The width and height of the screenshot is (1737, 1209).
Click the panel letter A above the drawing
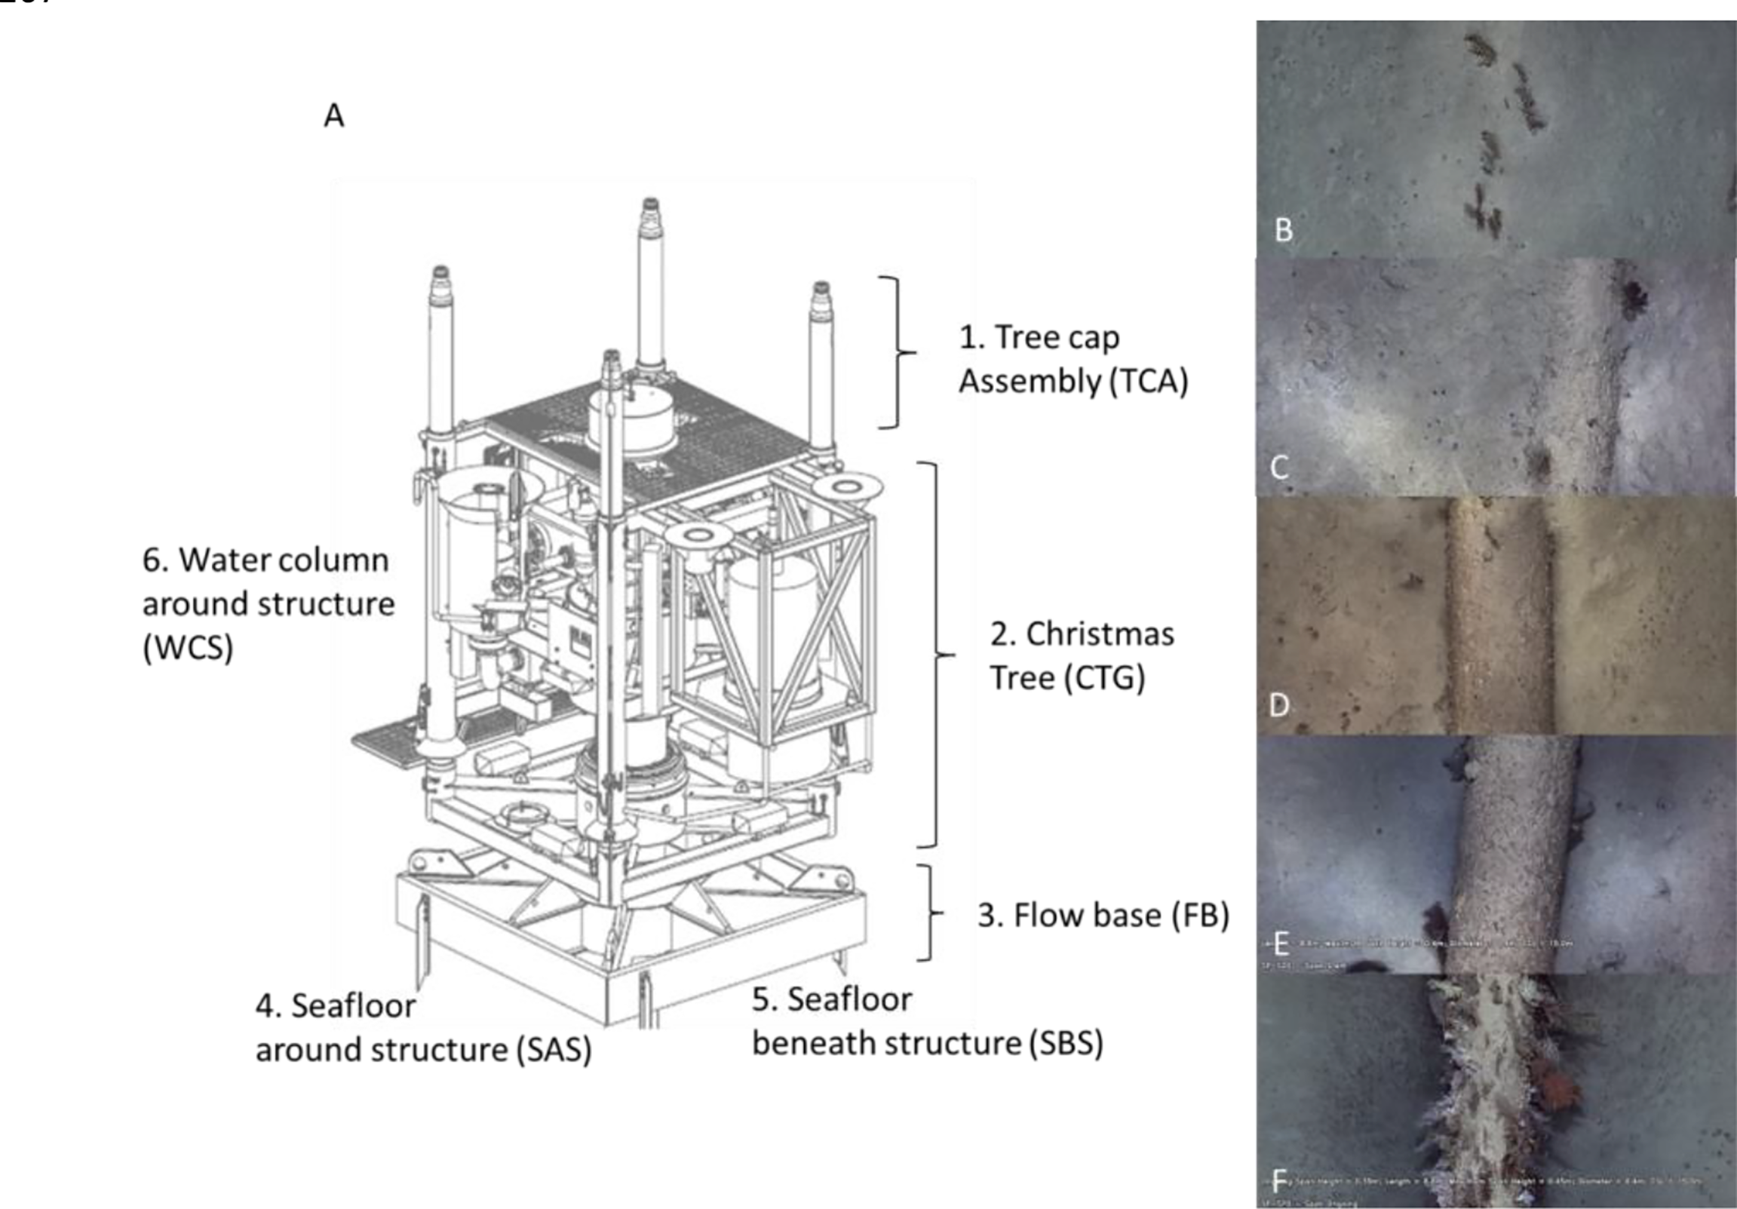click(333, 116)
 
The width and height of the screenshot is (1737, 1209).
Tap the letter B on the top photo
click(1283, 230)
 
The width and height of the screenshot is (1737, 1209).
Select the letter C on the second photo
click(1278, 467)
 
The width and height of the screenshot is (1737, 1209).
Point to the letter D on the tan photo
click(1278, 705)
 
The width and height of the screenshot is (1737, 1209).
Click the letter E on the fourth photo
click(1281, 944)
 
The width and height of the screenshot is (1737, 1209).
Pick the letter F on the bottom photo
click(1280, 1181)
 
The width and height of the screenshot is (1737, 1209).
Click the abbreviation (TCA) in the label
click(1149, 381)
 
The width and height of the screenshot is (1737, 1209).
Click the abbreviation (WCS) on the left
click(188, 648)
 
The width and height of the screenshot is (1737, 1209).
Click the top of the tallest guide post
click(650, 205)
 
